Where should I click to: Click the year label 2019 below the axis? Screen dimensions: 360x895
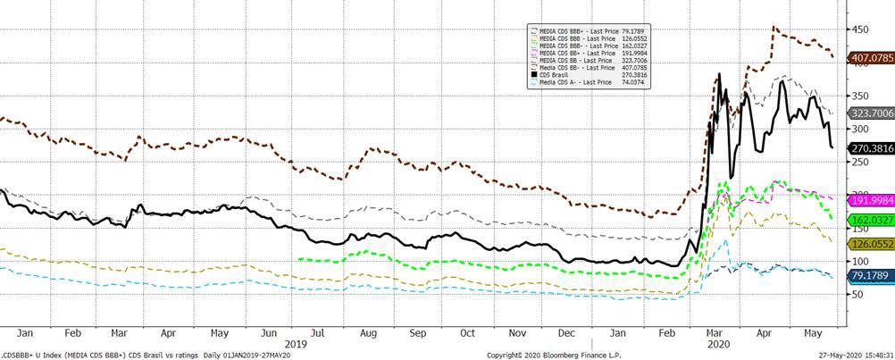pos(297,342)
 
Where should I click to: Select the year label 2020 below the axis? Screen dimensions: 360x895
pos(719,342)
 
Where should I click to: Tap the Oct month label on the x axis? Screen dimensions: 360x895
pos(466,332)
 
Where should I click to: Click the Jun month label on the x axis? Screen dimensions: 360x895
pos(267,332)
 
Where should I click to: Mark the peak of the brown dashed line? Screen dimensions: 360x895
pos(774,28)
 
